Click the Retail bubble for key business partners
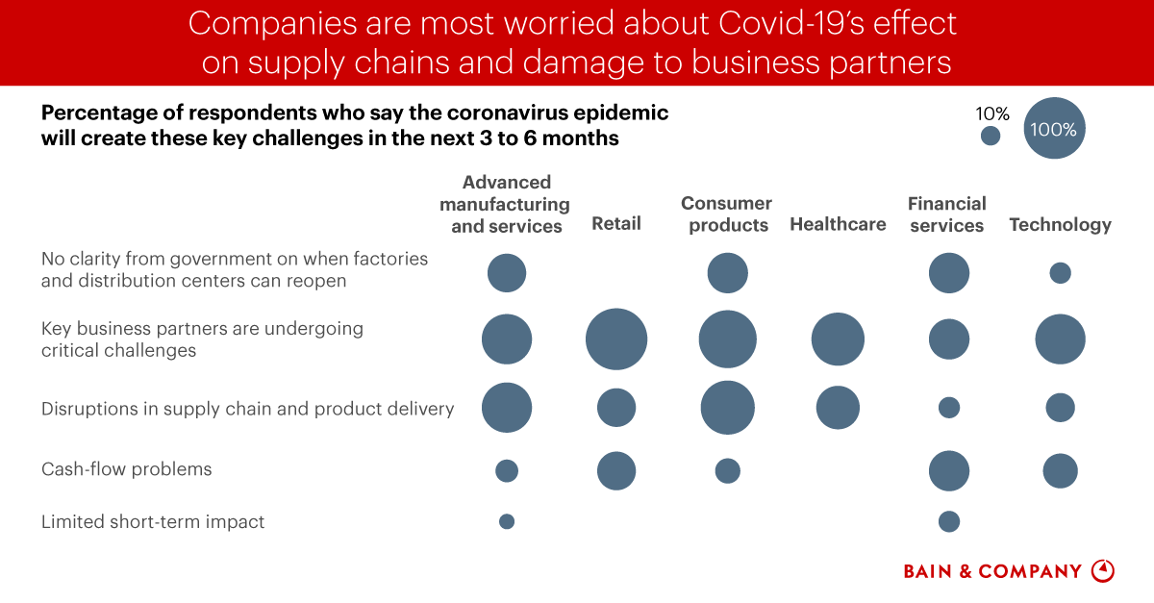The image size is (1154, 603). click(x=616, y=339)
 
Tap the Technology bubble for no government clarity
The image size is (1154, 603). click(x=1060, y=273)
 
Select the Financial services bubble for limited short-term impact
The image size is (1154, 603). click(x=949, y=521)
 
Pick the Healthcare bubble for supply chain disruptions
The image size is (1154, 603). click(x=838, y=408)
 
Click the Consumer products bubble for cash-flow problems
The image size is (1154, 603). click(x=728, y=470)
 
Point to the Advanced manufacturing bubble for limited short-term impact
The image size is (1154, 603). click(x=507, y=521)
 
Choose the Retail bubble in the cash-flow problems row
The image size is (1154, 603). click(x=616, y=471)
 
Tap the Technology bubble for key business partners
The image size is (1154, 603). click(x=1060, y=339)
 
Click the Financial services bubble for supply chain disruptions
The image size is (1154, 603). click(x=949, y=408)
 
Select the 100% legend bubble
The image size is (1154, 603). click(x=1054, y=129)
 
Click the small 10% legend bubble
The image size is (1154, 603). click(x=991, y=137)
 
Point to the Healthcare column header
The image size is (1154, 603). click(x=838, y=224)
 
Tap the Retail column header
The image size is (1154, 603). click(x=616, y=224)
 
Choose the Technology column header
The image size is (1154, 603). click(x=1060, y=224)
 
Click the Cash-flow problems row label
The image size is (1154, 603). click(x=126, y=469)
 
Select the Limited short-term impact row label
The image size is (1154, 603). click(x=152, y=521)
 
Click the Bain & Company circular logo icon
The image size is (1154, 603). click(x=1103, y=570)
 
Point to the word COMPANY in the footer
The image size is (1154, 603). click(x=1030, y=571)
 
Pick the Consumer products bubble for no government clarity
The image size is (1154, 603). click(x=728, y=273)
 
